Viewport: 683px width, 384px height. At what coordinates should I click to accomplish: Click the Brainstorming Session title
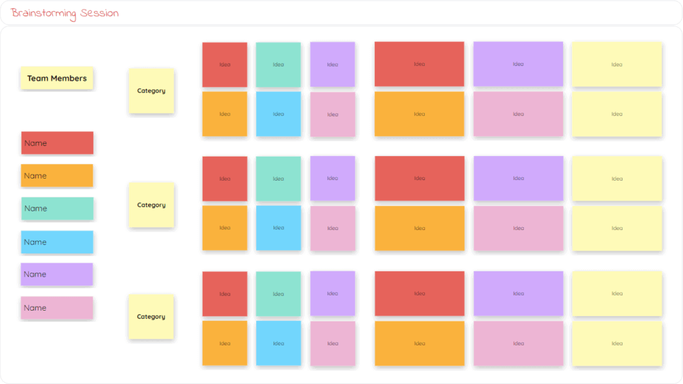tap(65, 13)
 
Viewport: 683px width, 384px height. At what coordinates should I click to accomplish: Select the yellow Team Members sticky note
tap(57, 78)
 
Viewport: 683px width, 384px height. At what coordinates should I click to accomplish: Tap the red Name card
tap(57, 143)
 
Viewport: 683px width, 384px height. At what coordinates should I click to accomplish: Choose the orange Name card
tap(57, 175)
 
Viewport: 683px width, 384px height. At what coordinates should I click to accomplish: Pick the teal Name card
tap(57, 208)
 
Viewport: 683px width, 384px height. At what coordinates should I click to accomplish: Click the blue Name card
tap(57, 242)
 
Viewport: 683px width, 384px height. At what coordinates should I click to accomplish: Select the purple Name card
tap(57, 274)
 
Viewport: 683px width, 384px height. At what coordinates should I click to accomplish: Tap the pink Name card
tap(57, 307)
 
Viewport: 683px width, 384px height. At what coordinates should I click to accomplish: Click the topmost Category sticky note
tap(151, 91)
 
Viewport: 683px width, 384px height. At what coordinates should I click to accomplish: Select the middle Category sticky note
tap(151, 205)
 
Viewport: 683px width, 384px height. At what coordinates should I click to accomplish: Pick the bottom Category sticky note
tap(151, 317)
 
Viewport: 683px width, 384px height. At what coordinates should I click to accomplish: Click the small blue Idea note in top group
tap(278, 114)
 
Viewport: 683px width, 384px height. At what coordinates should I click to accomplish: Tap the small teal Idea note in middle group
tap(278, 179)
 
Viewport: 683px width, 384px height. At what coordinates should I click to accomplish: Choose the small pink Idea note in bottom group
tap(332, 343)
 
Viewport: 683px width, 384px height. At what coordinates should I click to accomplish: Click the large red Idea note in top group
tap(419, 64)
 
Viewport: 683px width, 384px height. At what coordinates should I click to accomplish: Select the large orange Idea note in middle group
tap(419, 228)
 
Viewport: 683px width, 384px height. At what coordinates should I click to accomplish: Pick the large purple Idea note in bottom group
tap(518, 293)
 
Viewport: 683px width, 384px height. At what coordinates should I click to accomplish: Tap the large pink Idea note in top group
tap(518, 114)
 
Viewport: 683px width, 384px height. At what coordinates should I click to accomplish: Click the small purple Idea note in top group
tap(332, 65)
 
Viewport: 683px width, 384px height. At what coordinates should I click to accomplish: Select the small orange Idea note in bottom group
tap(225, 343)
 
